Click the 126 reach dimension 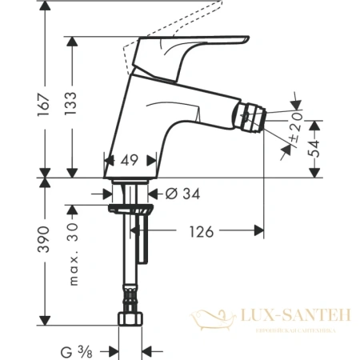[201, 232]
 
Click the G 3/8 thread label [79, 349]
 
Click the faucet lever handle [200, 46]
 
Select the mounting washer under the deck [131, 209]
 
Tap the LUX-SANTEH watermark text [300, 318]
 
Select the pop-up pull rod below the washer [144, 244]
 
